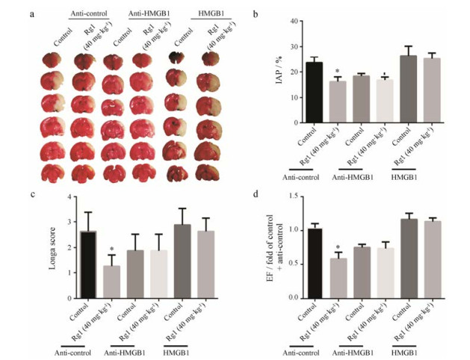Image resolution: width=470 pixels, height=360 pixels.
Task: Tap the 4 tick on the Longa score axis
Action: [68, 196]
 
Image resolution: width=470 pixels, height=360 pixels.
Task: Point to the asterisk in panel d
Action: [338, 247]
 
